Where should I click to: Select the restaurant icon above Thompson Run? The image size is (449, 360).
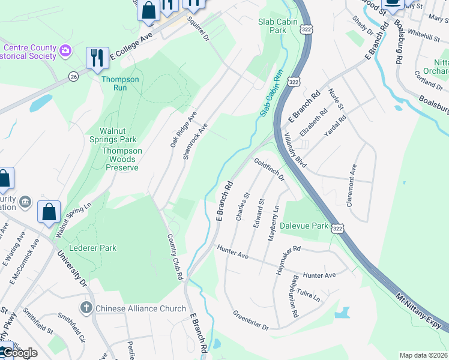pos(97,58)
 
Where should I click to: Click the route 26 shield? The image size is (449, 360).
pos(73,76)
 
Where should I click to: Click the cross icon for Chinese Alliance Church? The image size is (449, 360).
pos(86,308)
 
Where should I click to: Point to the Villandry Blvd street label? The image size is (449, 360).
pos(295,150)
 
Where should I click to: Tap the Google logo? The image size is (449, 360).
pos(19,353)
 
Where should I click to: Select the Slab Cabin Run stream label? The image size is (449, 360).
pos(271,93)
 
